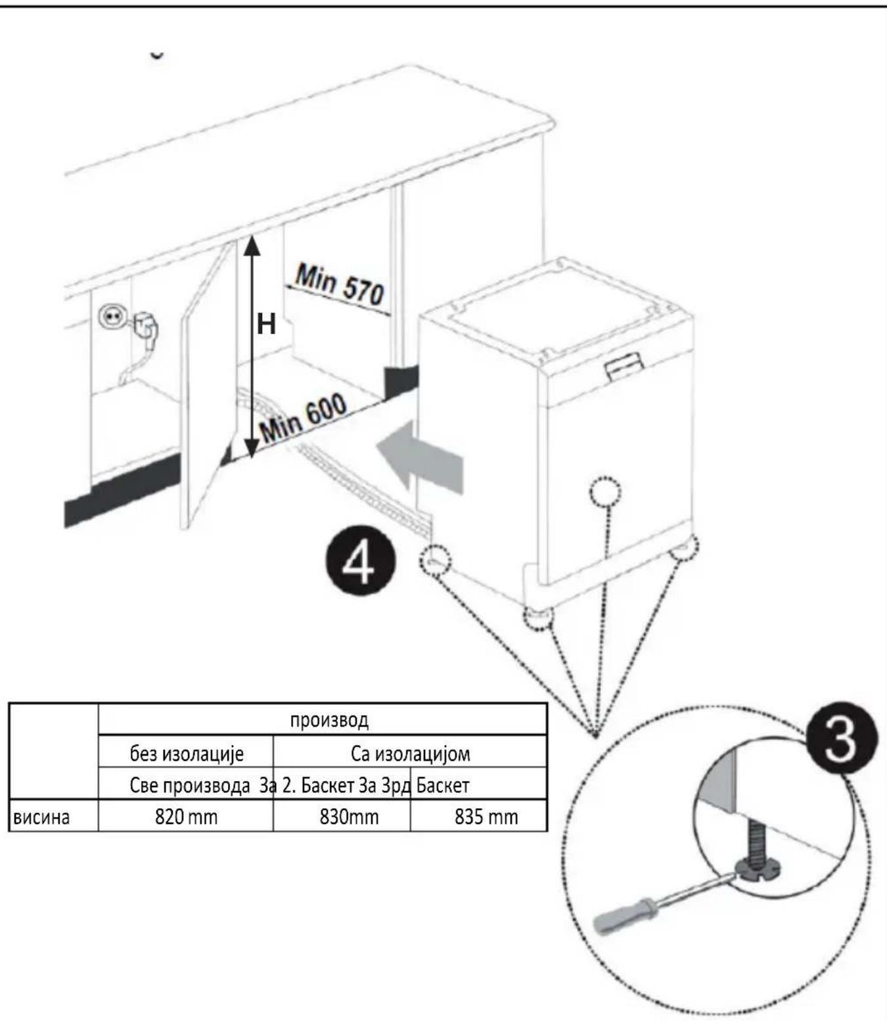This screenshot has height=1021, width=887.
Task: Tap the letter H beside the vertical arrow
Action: tap(266, 325)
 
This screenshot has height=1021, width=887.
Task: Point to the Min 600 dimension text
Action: tap(303, 417)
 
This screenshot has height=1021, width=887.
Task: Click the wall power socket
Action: tap(109, 316)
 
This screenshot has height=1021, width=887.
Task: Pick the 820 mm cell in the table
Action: tap(186, 817)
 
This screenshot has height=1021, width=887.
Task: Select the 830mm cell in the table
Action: tap(349, 817)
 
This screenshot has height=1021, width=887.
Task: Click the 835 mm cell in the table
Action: tap(486, 817)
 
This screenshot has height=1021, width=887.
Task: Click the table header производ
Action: tap(329, 720)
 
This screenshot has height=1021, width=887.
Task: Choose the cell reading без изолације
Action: tap(187, 754)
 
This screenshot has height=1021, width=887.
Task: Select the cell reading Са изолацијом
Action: tap(410, 754)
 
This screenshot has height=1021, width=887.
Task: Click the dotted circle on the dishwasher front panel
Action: tap(605, 492)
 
